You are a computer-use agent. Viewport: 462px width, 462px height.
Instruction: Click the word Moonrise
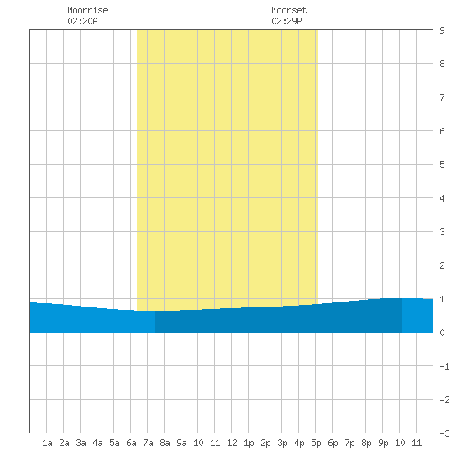point(87,10)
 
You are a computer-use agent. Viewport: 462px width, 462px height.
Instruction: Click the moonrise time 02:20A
point(82,21)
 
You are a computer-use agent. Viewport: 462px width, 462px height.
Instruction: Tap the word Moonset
point(289,10)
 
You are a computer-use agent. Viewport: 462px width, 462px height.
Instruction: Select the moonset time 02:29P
point(286,21)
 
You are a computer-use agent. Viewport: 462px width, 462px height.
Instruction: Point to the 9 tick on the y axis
point(442,30)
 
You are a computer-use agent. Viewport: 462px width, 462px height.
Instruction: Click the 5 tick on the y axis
point(442,165)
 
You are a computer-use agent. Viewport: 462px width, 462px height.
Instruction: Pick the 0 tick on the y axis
point(442,333)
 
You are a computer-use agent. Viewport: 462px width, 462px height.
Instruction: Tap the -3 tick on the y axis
point(444,433)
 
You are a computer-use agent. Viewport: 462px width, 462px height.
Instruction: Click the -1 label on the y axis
point(444,366)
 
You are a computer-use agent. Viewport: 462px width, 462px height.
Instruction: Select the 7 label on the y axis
point(442,97)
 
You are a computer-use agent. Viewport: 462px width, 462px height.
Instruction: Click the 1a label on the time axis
point(47,443)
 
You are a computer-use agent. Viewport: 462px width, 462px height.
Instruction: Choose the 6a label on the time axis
point(131,443)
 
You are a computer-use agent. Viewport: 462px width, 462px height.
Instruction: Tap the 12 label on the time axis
point(232,443)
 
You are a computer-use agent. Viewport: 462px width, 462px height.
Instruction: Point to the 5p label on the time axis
point(316,443)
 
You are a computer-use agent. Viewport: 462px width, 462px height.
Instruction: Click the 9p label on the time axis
point(383,443)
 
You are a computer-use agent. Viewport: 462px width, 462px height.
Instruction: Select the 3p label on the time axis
point(282,443)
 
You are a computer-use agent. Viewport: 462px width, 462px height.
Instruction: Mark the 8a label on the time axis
point(165,443)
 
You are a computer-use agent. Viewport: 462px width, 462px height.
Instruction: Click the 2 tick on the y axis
point(442,265)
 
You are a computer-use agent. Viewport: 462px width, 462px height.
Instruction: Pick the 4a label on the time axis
point(97,443)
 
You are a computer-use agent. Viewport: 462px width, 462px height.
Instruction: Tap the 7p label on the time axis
point(349,443)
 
